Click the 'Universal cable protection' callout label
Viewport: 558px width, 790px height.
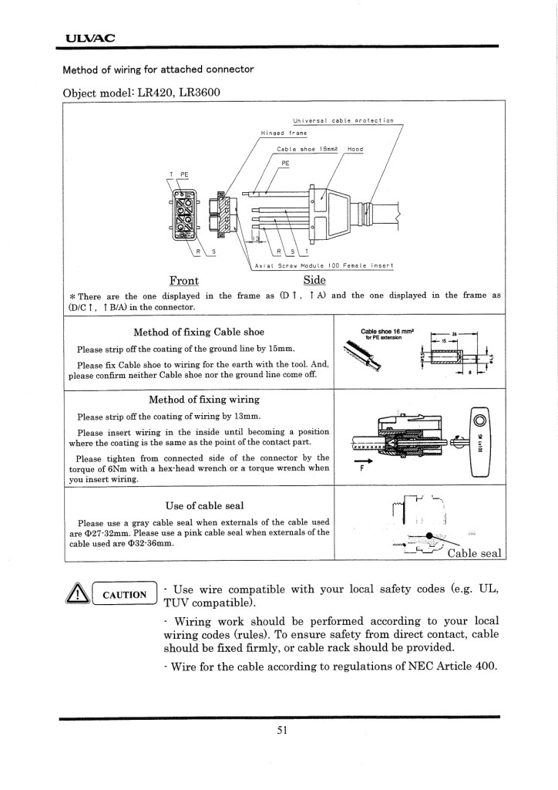343,121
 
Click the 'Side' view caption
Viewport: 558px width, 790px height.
314,279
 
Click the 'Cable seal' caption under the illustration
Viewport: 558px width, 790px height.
474,552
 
